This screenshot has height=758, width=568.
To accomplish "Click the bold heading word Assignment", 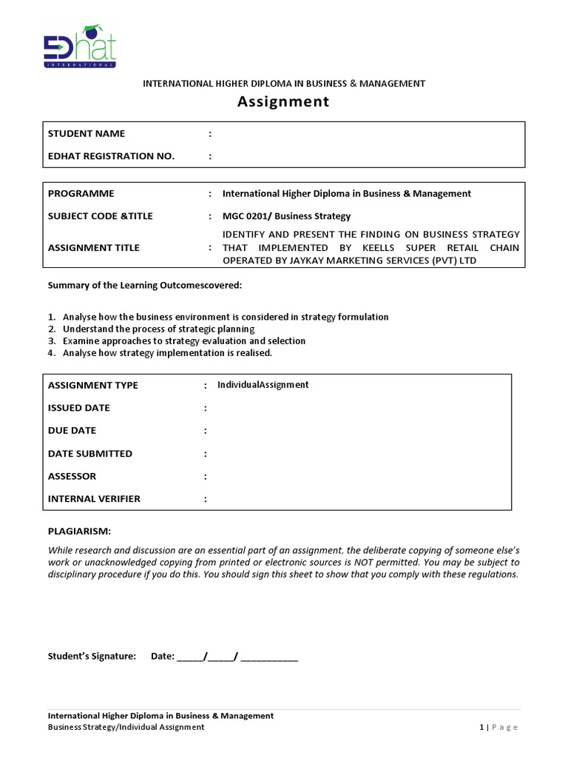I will coord(283,102).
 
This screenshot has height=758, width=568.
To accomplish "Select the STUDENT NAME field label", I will coord(87,134).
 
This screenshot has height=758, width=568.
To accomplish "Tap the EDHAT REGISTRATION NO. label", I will coord(111,156).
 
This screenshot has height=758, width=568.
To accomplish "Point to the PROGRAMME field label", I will coord(81,194).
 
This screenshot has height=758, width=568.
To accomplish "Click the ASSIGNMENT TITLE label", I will coord(93,248).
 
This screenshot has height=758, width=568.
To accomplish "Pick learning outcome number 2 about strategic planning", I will coord(158,329).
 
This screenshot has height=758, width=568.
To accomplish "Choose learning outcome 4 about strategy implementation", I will coord(167,353).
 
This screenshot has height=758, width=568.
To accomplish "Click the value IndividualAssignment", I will coord(263,385).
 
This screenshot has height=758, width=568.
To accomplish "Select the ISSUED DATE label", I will coord(79,408).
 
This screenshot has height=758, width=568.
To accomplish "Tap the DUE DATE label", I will coord(72,431).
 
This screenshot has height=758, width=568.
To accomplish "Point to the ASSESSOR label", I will coord(72,476).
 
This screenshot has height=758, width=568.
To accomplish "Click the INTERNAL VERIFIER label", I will coord(94,499).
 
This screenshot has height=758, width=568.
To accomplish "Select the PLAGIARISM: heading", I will coord(79,531).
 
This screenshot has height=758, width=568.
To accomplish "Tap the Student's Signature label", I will coord(92,656).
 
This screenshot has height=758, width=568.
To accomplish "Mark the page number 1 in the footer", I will coord(481,728).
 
